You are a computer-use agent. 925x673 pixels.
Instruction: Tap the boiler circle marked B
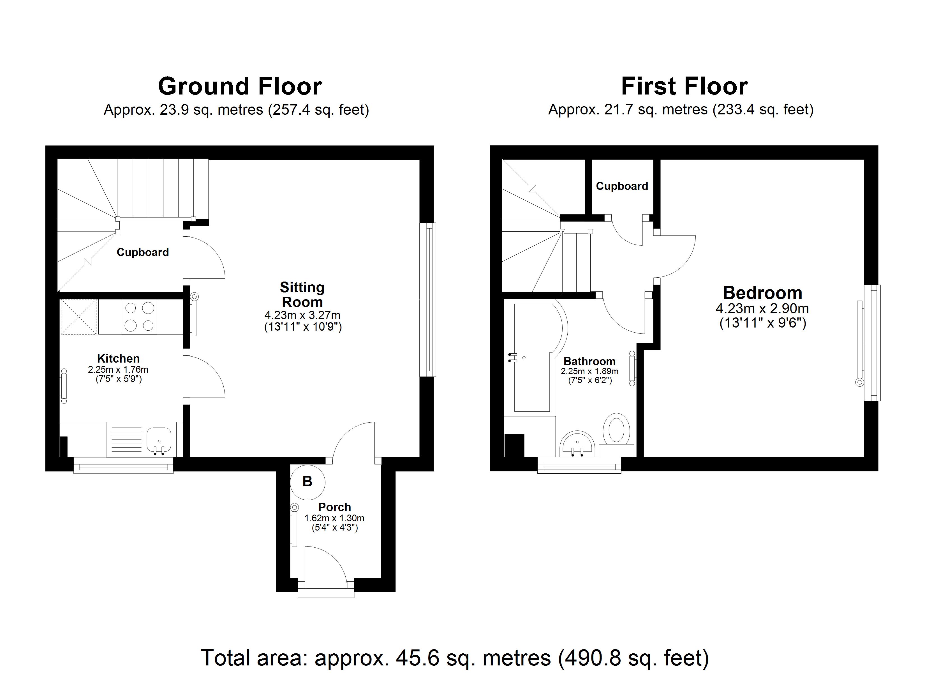tap(307, 482)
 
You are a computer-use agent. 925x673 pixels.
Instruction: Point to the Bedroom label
tap(762, 293)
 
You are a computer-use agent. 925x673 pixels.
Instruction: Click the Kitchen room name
tap(118, 358)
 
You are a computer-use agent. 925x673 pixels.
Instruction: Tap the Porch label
tap(334, 507)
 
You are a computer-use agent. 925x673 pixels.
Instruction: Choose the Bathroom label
tap(589, 361)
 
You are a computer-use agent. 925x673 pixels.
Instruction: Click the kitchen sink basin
tap(159, 440)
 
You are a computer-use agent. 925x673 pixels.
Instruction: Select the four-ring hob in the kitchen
tap(139, 316)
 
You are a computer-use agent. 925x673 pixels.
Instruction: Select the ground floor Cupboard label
tap(143, 252)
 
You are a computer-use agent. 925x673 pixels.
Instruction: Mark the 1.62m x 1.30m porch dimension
tap(334, 518)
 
